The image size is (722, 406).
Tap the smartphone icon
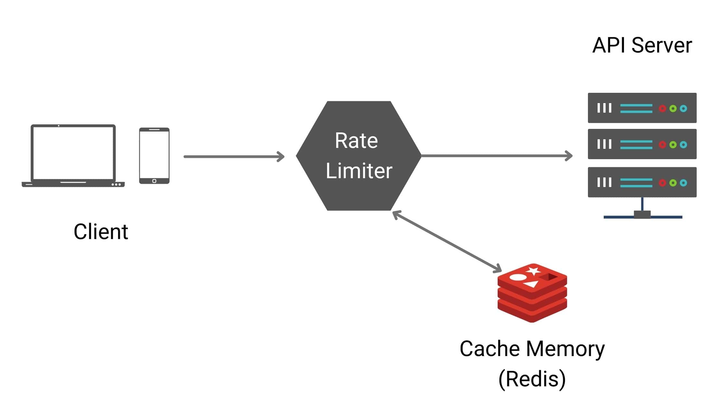[154, 156]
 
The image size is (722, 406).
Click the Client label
[101, 232]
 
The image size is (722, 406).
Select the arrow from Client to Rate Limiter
[234, 157]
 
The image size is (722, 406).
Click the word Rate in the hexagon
[356, 141]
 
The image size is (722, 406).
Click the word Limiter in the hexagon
[359, 171]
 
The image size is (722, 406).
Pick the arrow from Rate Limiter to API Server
[496, 156]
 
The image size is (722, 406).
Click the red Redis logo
[532, 293]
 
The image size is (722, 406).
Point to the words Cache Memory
[532, 349]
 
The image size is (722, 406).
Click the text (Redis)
[532, 379]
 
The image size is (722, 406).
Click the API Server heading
[642, 45]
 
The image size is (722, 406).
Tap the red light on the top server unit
[662, 109]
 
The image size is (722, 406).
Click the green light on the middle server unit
[673, 145]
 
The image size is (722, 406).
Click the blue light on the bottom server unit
[683, 183]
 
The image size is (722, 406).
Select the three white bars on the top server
[604, 108]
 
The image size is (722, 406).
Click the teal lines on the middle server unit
[636, 145]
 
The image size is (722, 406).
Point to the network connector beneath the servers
[642, 214]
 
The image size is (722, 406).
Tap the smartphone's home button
[154, 181]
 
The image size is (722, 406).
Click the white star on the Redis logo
[533, 271]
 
